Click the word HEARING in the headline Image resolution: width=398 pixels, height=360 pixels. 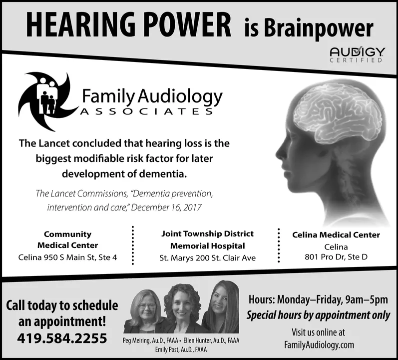pos(80,23)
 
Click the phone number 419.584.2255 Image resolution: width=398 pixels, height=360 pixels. pos(62,338)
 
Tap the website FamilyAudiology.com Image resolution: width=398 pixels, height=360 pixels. pos(319,345)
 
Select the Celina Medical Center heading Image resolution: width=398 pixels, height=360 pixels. pos(336,234)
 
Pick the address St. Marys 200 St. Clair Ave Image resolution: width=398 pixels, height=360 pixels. pos(207,258)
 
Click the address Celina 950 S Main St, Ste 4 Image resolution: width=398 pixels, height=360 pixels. pos(67,257)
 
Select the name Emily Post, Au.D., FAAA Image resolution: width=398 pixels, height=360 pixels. pos(181,349)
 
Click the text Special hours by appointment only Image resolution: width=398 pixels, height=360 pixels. pos(318,316)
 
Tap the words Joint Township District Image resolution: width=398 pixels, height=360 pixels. pos(207,233)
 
